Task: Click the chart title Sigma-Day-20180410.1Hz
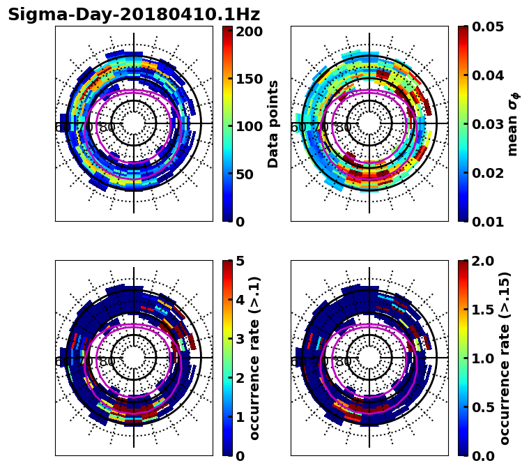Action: [134, 15]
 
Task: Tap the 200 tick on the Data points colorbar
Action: [249, 31]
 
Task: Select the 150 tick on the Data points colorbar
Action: [249, 79]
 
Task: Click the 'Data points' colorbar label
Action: [273, 124]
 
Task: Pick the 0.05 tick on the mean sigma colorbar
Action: [488, 26]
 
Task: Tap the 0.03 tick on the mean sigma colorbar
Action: [488, 124]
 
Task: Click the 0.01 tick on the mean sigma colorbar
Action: [488, 222]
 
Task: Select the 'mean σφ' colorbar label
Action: [512, 124]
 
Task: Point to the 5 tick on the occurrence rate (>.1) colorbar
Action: [240, 261]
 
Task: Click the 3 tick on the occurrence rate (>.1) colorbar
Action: [240, 339]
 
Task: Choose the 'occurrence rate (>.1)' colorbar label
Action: [254, 358]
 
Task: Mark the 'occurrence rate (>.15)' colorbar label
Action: [505, 358]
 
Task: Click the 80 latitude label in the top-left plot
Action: [107, 128]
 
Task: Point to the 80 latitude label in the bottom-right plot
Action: [343, 362]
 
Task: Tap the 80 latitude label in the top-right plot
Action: [343, 128]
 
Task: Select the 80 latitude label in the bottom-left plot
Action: [107, 362]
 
